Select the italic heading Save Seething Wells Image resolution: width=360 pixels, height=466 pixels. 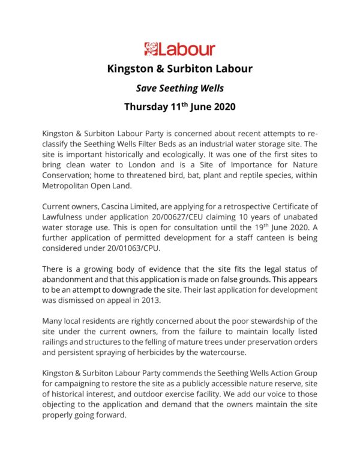tap(179, 88)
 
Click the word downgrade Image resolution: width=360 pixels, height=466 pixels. tap(137, 282)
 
